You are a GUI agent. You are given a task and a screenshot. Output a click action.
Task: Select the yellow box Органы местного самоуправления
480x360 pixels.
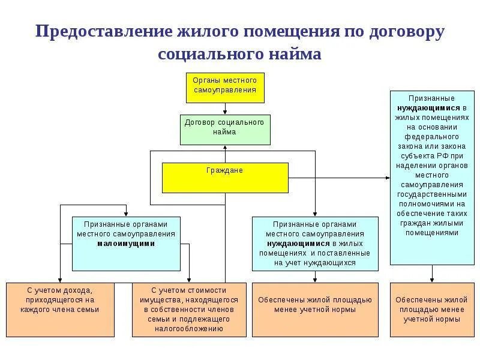[x=224, y=88]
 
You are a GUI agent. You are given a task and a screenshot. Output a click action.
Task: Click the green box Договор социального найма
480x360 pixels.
[x=224, y=129]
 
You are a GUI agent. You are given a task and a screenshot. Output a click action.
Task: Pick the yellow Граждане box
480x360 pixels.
[x=224, y=177]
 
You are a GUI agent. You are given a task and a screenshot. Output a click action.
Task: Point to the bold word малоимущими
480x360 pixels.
[x=126, y=244]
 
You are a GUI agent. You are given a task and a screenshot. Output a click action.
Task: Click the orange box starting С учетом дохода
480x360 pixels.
[x=62, y=309]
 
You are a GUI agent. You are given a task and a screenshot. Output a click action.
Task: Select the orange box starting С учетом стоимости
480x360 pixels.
[x=188, y=309]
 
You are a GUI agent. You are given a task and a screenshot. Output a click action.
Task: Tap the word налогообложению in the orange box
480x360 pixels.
[x=188, y=329]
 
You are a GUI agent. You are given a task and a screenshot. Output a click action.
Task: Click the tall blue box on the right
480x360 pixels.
[x=431, y=177]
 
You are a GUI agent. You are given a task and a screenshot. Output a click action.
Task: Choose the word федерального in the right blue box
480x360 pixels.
[x=431, y=136]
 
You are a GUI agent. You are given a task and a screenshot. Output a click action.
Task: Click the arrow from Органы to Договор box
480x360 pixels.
[x=224, y=109]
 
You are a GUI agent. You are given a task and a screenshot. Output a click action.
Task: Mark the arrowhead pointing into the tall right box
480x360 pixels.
[x=387, y=177]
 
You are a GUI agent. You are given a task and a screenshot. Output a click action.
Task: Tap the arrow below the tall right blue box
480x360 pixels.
[x=431, y=274]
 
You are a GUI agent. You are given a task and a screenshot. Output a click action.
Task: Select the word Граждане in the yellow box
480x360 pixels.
[x=224, y=170]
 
